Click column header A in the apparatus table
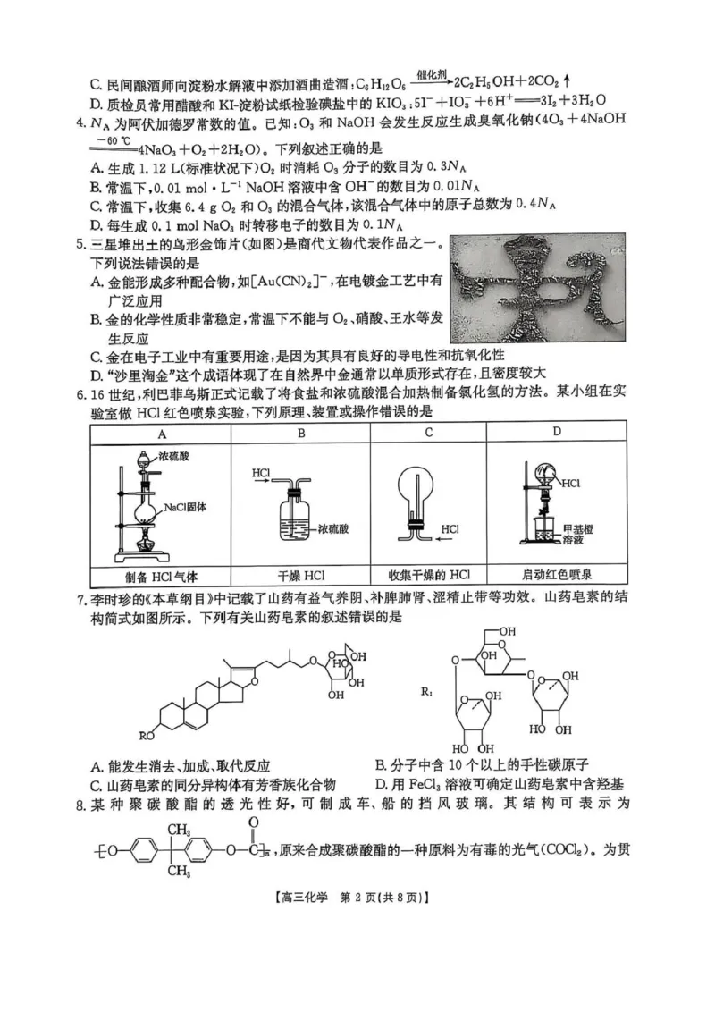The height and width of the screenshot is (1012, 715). click(x=161, y=433)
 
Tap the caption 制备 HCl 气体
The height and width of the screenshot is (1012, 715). click(x=161, y=575)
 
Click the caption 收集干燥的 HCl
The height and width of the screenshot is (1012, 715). click(x=428, y=575)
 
